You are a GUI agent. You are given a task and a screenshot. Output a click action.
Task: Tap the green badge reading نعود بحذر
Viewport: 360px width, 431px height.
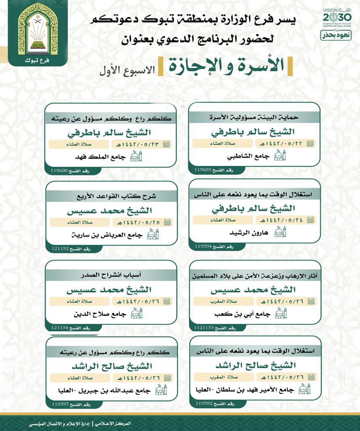pyautogui.click(x=338, y=35)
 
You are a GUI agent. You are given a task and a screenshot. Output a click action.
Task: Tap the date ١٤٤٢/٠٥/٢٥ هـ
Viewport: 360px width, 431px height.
pyautogui.click(x=135, y=222)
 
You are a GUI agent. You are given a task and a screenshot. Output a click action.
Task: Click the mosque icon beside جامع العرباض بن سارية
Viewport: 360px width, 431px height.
pyautogui.click(x=152, y=235)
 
